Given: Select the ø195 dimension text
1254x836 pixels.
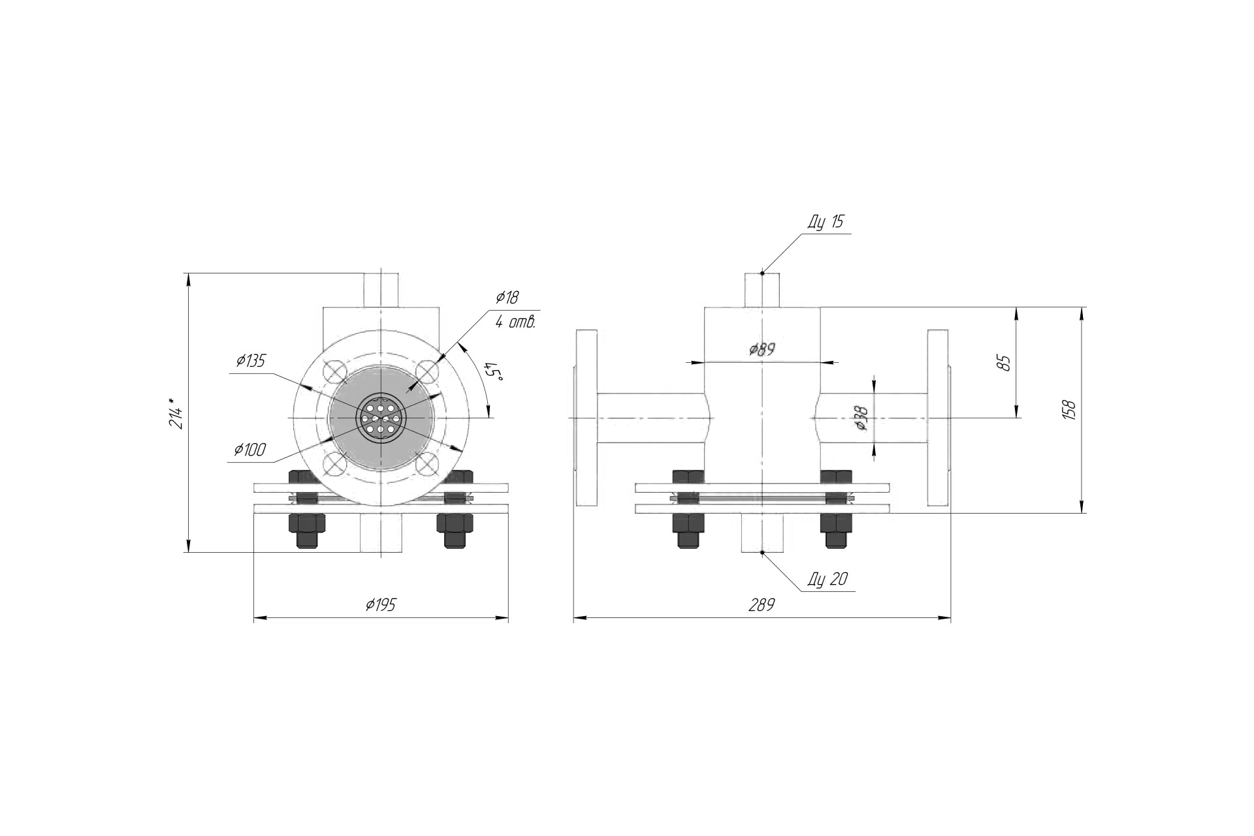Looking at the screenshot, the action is pos(381,605).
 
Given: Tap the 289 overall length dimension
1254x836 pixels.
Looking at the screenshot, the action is pos(762,605).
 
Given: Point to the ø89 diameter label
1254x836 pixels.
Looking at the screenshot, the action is pos(762,349).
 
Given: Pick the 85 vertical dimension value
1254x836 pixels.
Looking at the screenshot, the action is pos(1005,363).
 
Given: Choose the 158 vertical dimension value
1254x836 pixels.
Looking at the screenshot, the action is pos(1069,410).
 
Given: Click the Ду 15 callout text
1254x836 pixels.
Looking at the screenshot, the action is pos(826,222).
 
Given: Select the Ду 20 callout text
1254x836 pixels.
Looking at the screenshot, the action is pos(828,579).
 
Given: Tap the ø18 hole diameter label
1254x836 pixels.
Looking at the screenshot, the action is pos(507,298).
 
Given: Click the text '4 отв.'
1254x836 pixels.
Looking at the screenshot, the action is pos(515,321).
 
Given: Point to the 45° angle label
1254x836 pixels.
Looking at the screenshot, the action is pos(493,372).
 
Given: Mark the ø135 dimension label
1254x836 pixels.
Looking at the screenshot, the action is pos(251,361).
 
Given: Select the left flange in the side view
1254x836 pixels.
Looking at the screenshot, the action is pos(586,418).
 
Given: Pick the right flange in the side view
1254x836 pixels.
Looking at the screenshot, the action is pos(939,418).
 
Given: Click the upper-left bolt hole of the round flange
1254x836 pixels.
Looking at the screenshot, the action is pos(336,372).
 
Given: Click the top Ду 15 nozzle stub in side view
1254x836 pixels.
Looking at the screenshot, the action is pos(762,290).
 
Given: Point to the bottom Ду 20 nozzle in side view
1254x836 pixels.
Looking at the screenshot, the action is pos(762,533).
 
